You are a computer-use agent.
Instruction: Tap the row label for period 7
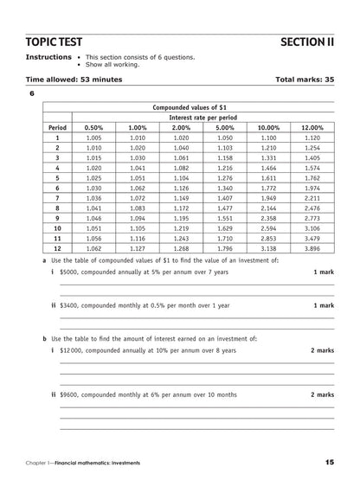tap(57, 197)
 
